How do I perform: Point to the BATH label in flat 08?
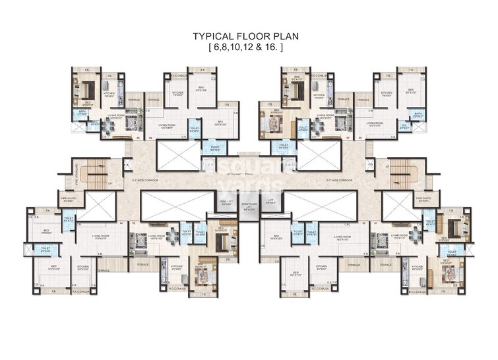(x=417, y=113)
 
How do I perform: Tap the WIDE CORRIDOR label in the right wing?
(x=338, y=179)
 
